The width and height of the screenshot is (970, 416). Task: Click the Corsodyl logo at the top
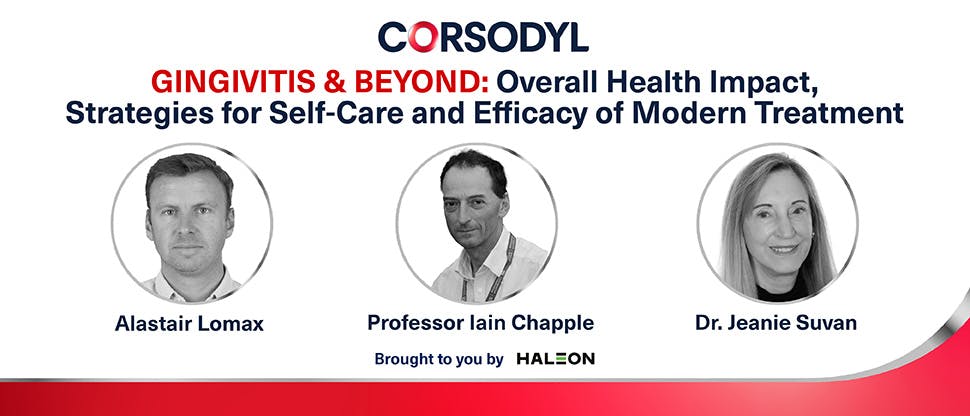[x=483, y=36]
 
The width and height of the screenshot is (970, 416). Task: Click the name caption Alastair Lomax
[x=191, y=323]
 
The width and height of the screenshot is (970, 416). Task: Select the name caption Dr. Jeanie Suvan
[x=777, y=323]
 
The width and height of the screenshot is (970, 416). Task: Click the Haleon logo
[x=558, y=358]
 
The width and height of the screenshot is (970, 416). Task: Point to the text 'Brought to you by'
[x=438, y=358]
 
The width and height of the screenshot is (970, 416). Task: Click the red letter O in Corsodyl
[x=422, y=36]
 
